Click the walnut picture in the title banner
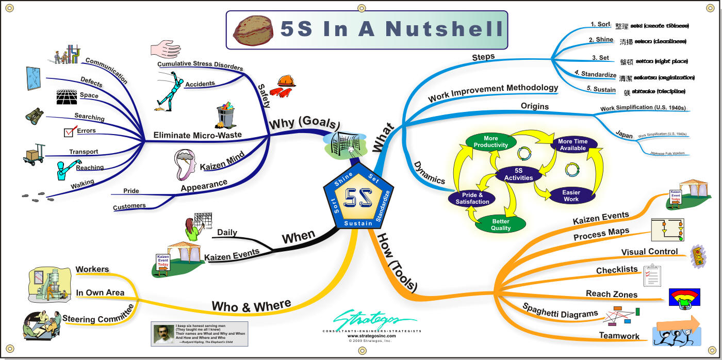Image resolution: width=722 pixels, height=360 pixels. coord(253,29)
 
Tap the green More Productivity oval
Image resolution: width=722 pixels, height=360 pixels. coord(491,142)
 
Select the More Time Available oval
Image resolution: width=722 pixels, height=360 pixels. coord(572,145)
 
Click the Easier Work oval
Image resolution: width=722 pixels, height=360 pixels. coord(571,195)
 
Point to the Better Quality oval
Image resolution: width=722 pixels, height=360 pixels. coord(501,224)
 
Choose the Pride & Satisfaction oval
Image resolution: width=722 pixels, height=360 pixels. coord(472,199)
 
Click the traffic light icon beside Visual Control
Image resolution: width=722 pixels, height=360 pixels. coord(698,255)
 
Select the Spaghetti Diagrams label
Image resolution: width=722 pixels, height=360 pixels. coord(560,310)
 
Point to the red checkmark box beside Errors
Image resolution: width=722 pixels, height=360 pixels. coord(70,132)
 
